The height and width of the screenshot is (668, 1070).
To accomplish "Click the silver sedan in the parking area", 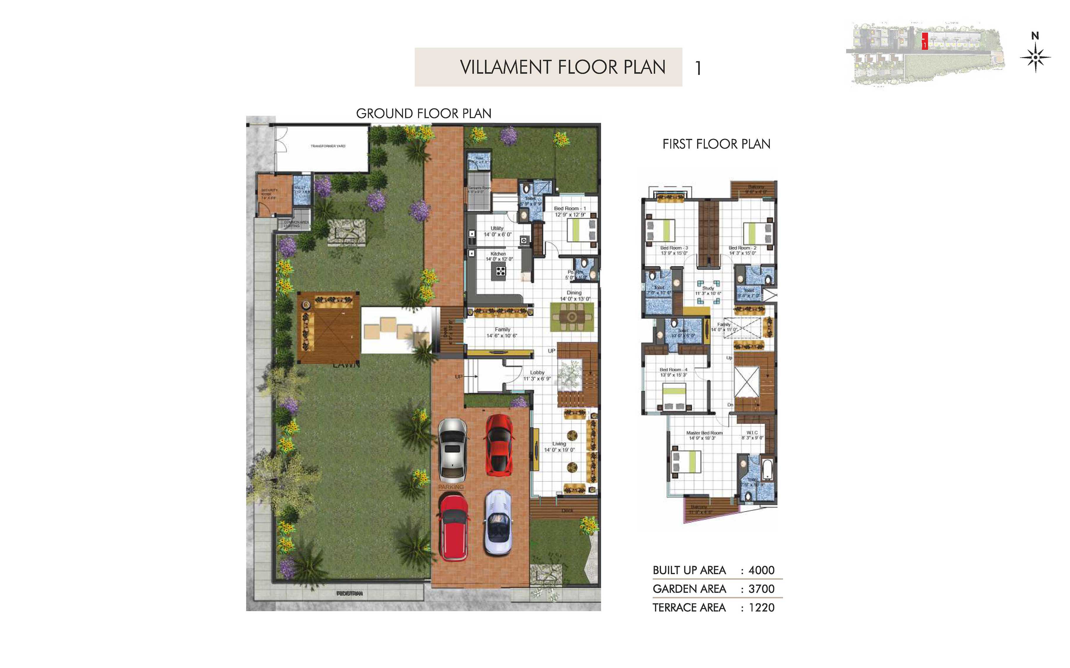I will coord(452,451).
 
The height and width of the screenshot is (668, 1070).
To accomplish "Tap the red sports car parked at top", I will coord(499,445).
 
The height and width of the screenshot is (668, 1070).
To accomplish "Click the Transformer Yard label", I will coord(328,146).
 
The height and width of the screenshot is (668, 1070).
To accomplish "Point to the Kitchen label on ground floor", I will coord(498,254).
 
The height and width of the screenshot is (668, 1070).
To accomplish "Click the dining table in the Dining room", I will coord(572,317).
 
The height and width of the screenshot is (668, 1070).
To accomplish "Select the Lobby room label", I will coord(537,373).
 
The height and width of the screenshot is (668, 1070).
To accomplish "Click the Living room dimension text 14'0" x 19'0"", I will coord(559,450).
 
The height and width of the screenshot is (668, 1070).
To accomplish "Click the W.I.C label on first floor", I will coord(752,432).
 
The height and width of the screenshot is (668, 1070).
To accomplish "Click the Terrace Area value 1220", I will coord(761,607).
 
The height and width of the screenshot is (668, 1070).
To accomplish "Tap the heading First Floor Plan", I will coord(716,144).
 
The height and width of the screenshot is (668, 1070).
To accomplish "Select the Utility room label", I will coord(497,228).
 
